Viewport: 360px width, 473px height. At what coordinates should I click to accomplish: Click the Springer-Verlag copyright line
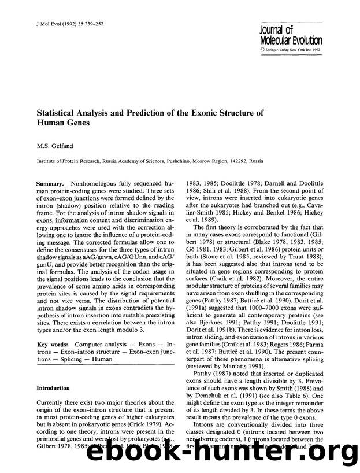click(x=297, y=50)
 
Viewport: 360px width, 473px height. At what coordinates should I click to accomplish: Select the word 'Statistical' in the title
click(x=58, y=112)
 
